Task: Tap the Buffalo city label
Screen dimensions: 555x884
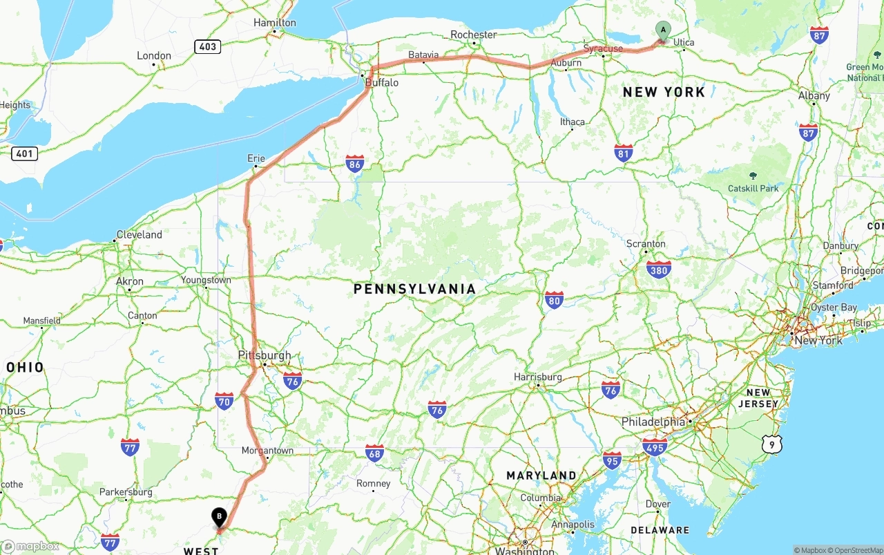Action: [382, 82]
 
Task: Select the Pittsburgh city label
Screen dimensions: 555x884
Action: [265, 355]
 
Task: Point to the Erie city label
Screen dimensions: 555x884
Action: [256, 158]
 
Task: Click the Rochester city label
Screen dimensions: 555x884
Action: [473, 35]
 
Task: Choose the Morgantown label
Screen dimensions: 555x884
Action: [267, 451]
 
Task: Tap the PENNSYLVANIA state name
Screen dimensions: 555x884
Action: [414, 289]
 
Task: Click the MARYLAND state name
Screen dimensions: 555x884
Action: [541, 476]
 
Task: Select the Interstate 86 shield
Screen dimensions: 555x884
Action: [355, 163]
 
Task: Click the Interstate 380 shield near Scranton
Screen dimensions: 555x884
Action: [659, 270]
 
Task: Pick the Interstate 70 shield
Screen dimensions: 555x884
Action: [224, 400]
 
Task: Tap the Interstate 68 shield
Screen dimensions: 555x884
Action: [374, 453]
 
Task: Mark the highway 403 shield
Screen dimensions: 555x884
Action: [207, 47]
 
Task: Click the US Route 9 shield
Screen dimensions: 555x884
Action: [771, 444]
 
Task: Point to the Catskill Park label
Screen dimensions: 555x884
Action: [753, 188]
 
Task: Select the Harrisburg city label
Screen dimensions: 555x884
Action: [537, 377]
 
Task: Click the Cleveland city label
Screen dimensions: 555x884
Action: [139, 234]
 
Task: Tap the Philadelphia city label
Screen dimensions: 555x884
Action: [653, 422]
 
